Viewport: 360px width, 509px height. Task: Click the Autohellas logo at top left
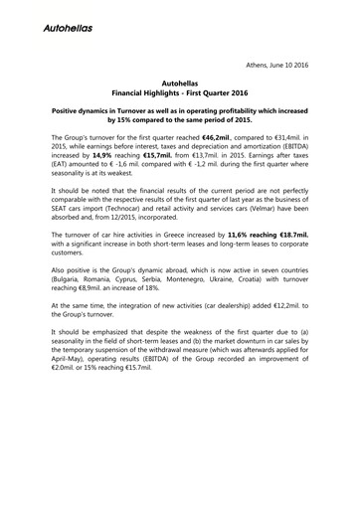(69, 28)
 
